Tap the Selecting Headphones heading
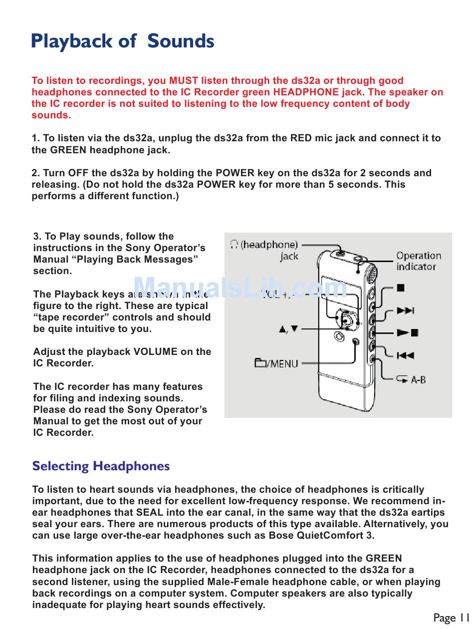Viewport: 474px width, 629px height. pos(101,466)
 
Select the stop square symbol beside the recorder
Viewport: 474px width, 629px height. pos(400,288)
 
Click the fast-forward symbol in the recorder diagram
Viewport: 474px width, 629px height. pos(406,311)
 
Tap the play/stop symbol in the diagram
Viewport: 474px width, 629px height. pos(407,332)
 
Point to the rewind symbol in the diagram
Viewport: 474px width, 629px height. pos(405,355)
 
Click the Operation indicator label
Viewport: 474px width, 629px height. pos(418,261)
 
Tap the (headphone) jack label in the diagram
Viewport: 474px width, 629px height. pos(264,250)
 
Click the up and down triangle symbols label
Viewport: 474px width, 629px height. pos(288,329)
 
